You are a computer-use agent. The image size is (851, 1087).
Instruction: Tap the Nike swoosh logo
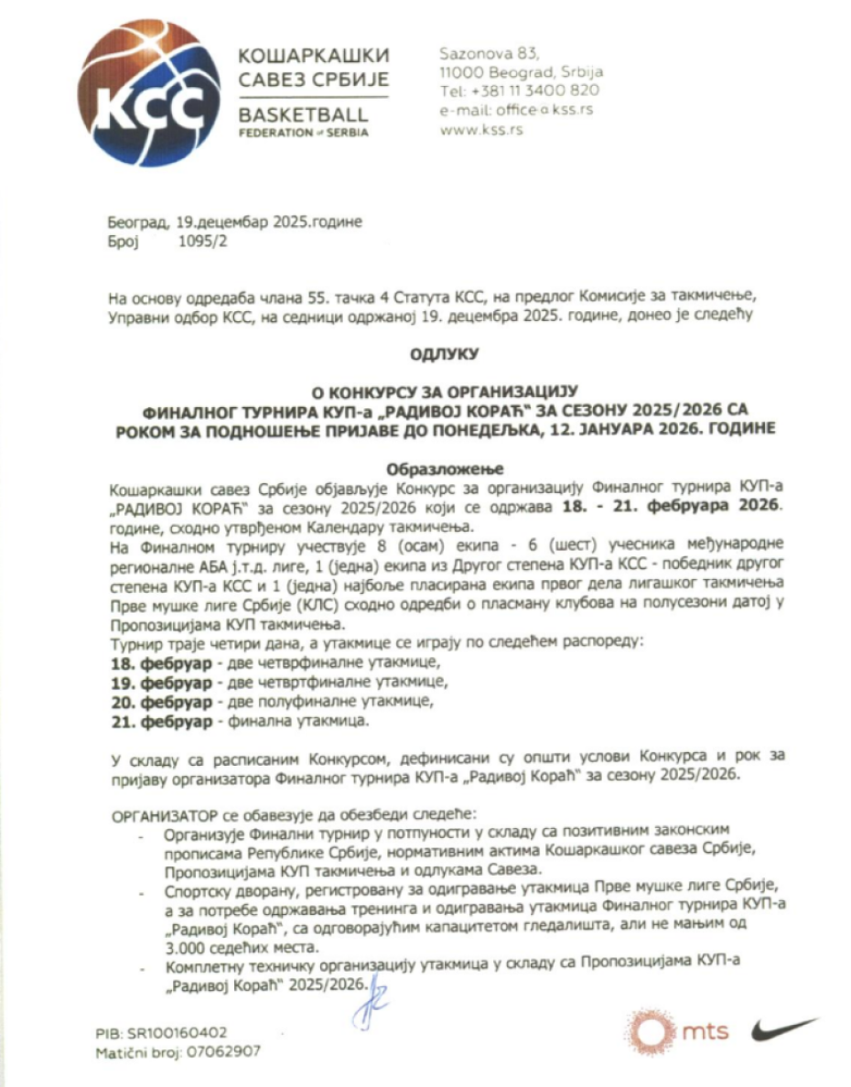click(783, 1030)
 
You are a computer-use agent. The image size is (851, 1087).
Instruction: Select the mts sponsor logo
click(678, 1030)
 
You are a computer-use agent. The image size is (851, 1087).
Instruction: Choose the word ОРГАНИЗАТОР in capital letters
click(163, 815)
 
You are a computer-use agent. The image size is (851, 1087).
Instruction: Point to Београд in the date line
click(137, 223)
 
